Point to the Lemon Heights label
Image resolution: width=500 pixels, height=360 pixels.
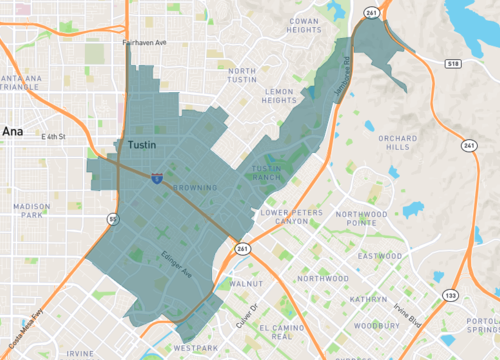280,95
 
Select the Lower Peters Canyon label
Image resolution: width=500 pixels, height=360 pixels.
284,217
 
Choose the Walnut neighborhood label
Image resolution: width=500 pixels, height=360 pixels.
246,284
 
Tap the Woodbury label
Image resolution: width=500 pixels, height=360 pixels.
375,324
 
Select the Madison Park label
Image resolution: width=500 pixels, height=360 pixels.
31,210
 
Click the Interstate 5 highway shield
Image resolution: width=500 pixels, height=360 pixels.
158,177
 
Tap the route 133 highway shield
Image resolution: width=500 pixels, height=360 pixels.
453,295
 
